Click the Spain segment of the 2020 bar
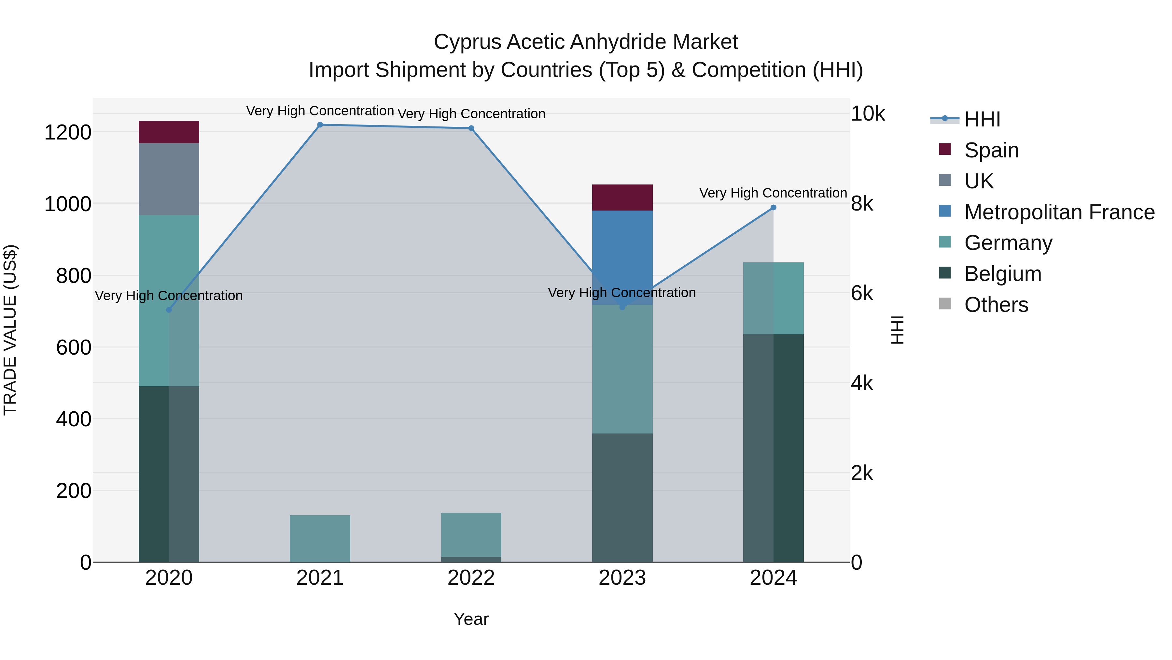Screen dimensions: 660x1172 (x=169, y=132)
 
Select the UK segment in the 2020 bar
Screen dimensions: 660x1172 (x=169, y=179)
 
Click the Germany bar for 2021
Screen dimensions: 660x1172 (x=320, y=538)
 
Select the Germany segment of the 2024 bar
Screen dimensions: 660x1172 (x=774, y=298)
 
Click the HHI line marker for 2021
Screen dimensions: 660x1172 (x=320, y=125)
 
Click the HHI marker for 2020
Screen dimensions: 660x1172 (x=169, y=310)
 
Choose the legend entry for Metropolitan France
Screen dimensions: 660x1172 (x=1059, y=212)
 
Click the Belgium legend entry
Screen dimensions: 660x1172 (x=1002, y=274)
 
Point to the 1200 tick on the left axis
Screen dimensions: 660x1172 (x=67, y=133)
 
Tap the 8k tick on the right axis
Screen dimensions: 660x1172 (x=862, y=204)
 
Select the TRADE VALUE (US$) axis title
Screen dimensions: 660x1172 (x=10, y=330)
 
